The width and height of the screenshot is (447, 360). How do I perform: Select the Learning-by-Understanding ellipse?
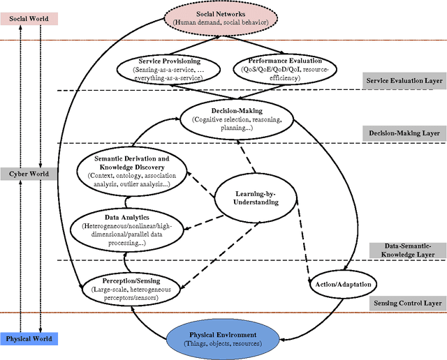(255, 197)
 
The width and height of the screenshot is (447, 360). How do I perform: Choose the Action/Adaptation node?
(343, 284)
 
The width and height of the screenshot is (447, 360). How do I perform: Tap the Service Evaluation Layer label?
(403, 81)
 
